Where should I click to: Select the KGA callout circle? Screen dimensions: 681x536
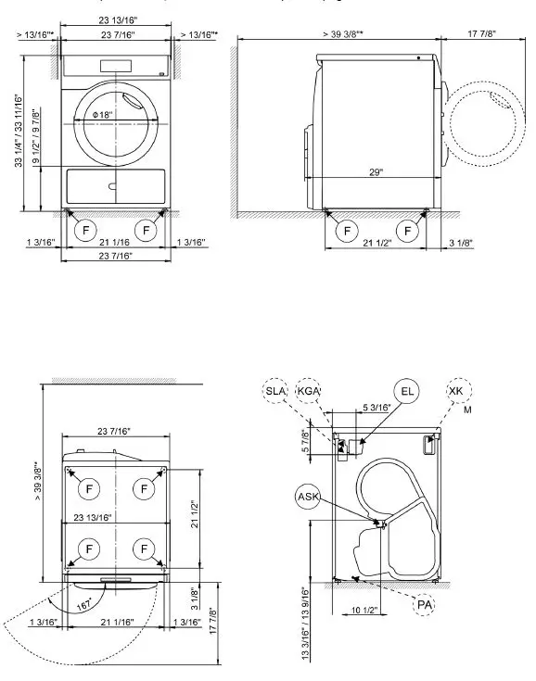tap(309, 392)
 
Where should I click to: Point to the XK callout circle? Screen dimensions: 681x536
tap(455, 392)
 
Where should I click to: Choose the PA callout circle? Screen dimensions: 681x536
tap(425, 604)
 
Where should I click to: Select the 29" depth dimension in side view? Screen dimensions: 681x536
tap(374, 172)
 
